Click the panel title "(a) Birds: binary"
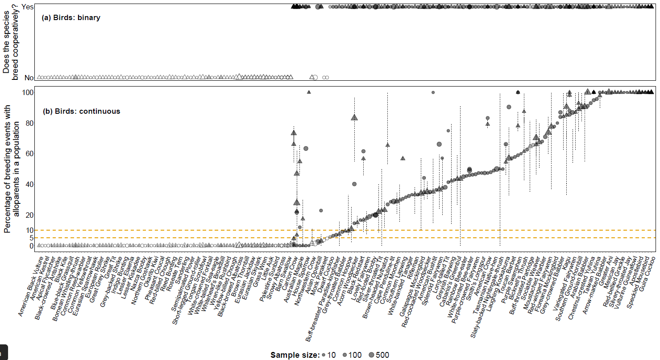(71, 18)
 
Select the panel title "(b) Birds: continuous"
(81, 111)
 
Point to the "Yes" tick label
(28, 7)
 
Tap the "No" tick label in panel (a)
(29, 78)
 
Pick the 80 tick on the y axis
(30, 123)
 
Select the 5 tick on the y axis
(32, 238)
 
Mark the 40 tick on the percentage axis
(30, 184)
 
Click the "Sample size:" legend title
(295, 355)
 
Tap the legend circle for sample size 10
(323, 355)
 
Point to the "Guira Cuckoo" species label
(645, 269)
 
